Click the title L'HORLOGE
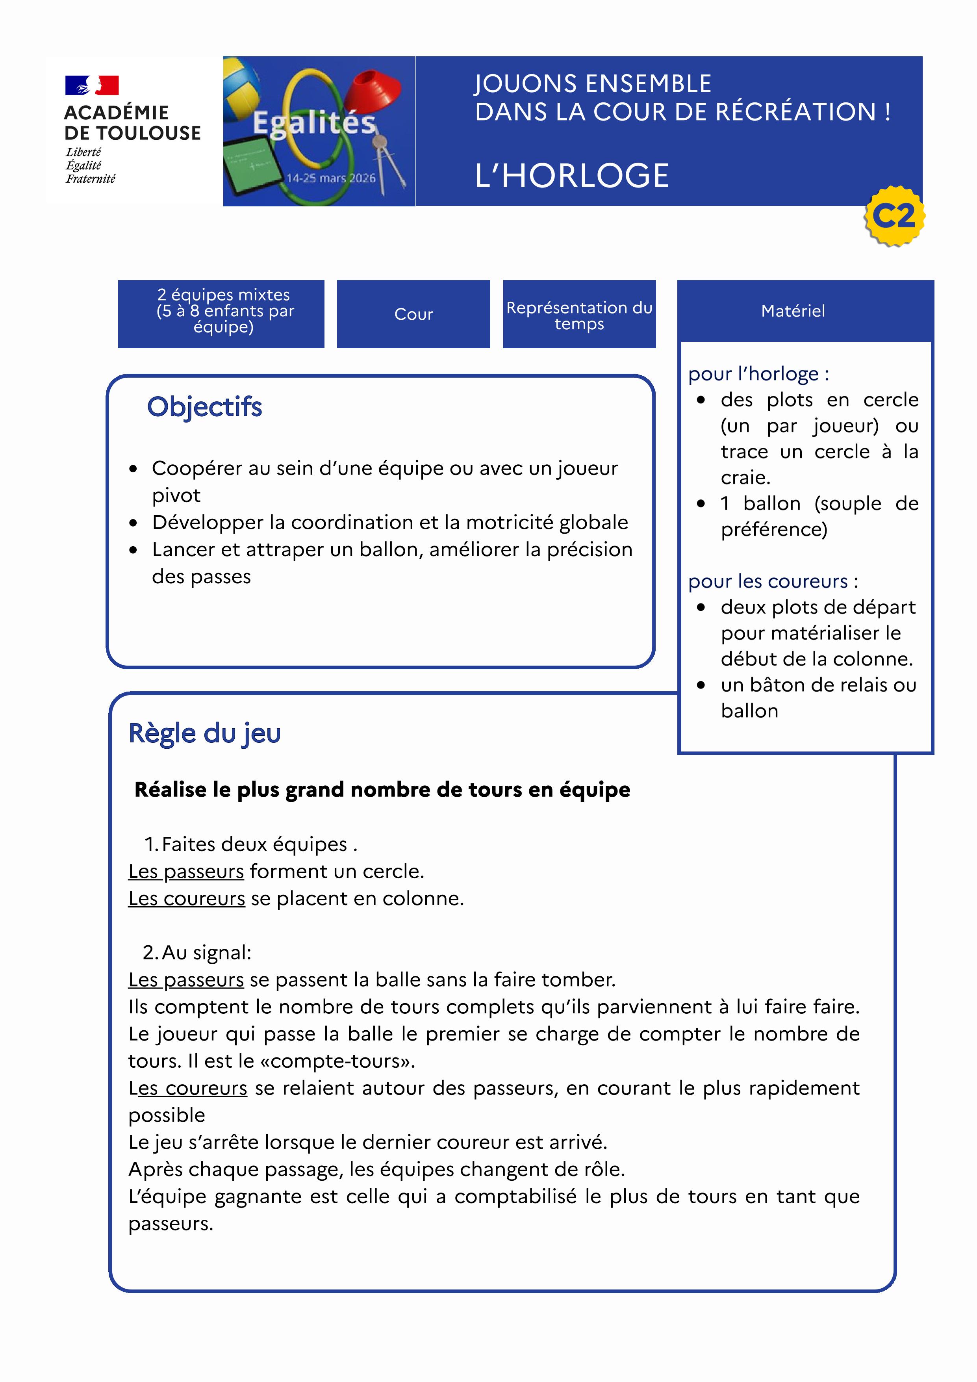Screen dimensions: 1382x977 571,176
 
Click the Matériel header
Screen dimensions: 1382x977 793,311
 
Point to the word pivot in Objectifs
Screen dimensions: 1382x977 176,495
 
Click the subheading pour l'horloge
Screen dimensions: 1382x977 758,374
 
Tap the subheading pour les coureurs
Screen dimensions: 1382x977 772,581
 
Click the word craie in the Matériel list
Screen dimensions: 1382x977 745,478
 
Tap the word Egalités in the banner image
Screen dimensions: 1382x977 313,123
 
